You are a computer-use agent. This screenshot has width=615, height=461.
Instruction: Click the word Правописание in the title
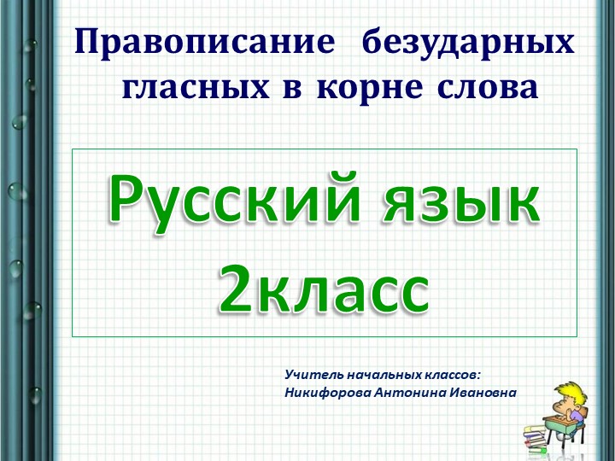204,43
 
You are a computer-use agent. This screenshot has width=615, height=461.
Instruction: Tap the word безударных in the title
468,43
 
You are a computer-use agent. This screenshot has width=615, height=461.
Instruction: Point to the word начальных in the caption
384,374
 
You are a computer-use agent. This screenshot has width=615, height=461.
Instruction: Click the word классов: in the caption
454,374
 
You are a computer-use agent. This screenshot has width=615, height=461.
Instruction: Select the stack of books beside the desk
536,436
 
